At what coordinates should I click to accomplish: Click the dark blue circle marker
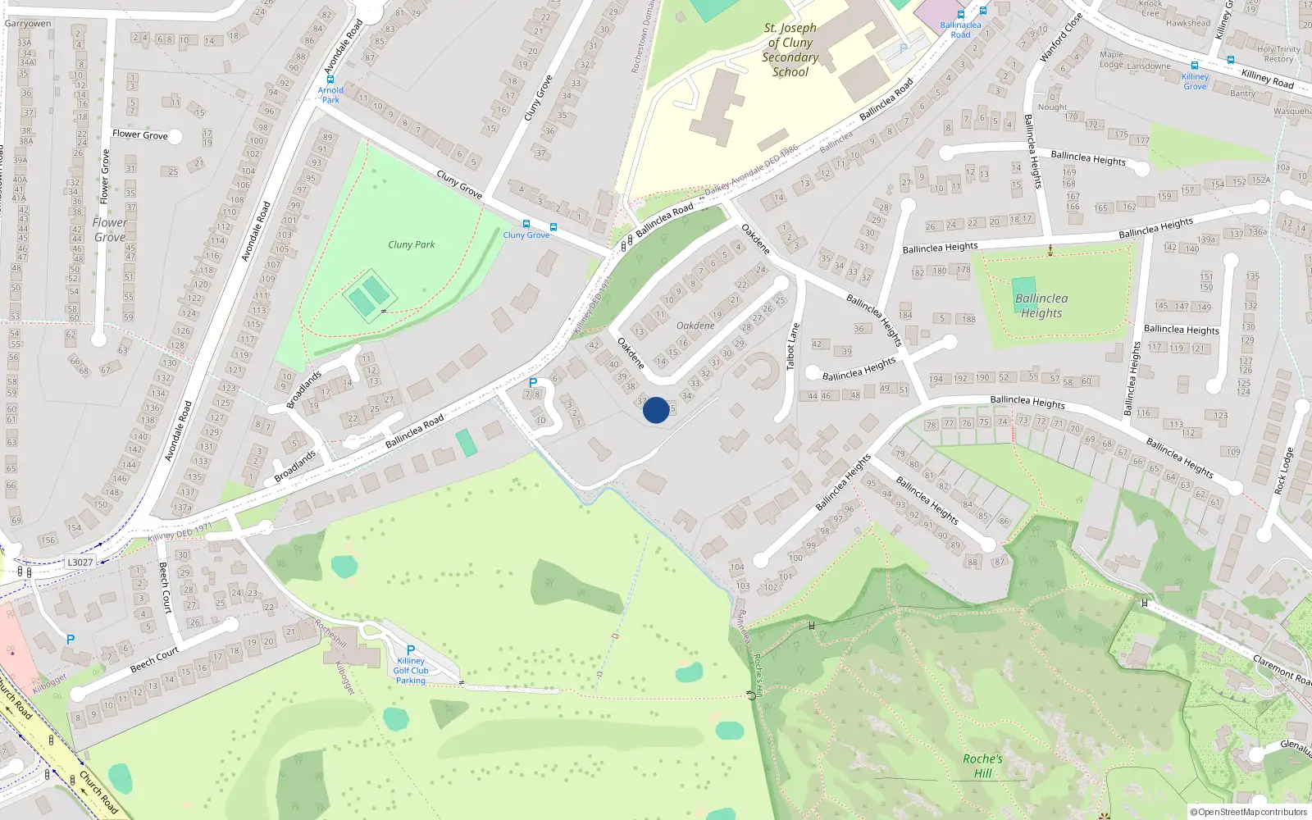(656, 410)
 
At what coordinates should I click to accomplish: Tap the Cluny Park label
(412, 244)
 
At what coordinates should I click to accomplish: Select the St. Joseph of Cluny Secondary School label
(790, 50)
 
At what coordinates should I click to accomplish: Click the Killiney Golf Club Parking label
(411, 670)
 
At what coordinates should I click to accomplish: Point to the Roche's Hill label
(982, 766)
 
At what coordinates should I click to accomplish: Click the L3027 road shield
(80, 562)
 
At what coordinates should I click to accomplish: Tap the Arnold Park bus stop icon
(330, 80)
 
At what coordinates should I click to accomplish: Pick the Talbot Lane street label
(792, 346)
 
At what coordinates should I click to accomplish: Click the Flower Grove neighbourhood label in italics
(110, 230)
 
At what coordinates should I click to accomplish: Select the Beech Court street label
(154, 659)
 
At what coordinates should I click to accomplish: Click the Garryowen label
(28, 23)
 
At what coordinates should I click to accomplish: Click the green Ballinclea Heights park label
(1041, 306)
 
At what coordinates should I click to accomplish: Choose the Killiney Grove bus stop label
(1195, 81)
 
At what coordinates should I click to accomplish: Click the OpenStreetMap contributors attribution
(1249, 812)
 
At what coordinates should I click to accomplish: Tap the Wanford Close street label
(1061, 39)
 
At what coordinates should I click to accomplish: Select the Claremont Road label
(1282, 669)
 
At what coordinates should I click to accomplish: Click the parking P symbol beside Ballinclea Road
(533, 383)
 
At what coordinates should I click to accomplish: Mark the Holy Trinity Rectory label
(1278, 54)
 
